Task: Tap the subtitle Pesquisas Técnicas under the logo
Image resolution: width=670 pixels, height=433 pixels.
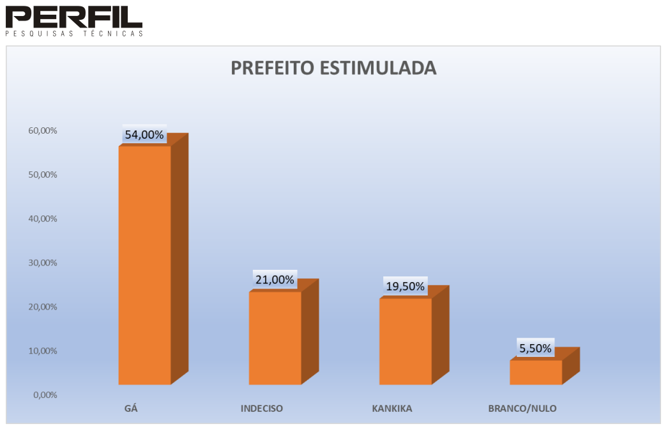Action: [73, 33]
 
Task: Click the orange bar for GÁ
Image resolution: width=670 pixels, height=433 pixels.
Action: [145, 265]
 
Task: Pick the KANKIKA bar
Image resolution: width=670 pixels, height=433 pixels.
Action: [406, 342]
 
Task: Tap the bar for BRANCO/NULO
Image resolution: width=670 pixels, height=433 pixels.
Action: [536, 372]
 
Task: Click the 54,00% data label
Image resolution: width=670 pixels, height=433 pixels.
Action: [144, 135]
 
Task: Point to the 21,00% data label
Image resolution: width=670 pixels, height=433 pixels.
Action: [275, 279]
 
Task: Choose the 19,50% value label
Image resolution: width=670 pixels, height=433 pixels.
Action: [405, 287]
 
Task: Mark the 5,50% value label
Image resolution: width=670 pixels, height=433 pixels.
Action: [535, 349]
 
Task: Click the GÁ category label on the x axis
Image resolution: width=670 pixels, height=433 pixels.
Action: [131, 408]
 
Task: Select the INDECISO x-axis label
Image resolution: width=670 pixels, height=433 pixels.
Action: [262, 408]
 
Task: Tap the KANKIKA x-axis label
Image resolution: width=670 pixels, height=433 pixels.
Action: [392, 408]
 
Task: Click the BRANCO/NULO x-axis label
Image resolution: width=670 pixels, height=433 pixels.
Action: [522, 408]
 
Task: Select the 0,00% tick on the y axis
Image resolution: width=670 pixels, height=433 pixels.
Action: [45, 395]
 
